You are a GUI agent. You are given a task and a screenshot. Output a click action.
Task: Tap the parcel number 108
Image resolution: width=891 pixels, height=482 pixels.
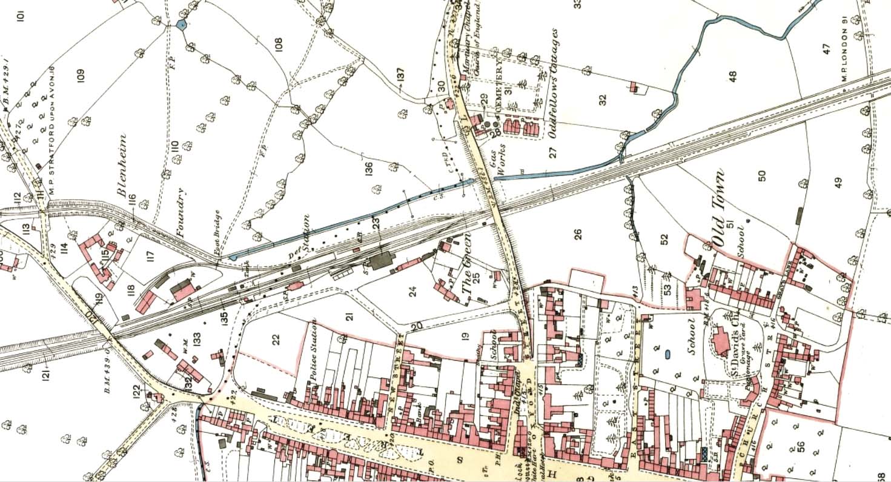point(279,44)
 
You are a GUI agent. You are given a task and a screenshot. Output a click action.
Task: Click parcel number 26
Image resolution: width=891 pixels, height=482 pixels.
point(577,233)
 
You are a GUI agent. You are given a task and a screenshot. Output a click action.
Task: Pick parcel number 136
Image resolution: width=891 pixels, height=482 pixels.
point(369,170)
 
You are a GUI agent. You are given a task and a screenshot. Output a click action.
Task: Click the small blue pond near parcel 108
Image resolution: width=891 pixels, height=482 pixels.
point(181,25)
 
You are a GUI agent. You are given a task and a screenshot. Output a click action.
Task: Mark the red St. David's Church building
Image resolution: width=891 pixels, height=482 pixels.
point(719,341)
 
